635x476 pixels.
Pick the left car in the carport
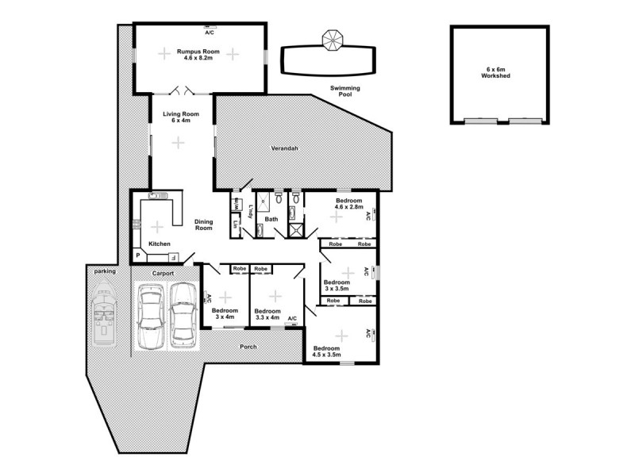point(151,316)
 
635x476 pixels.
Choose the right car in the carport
point(183,313)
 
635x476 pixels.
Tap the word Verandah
point(284,148)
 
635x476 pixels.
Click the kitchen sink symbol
point(156,195)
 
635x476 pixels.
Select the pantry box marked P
point(137,255)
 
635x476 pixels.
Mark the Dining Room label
point(204,225)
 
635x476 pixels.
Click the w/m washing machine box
point(236,203)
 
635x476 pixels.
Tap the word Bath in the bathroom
point(271,219)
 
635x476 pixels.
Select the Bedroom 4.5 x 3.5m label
point(326,351)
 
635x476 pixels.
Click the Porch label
point(248,347)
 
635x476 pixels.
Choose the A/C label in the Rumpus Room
point(210,33)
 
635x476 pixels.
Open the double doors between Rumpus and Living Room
point(183,90)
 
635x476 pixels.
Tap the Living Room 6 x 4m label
point(181,117)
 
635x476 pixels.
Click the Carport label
point(164,274)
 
